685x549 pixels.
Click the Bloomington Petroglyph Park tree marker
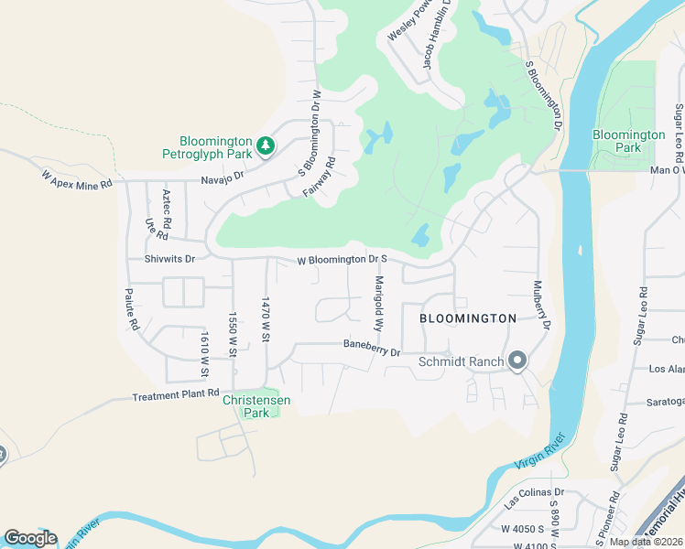(265, 145)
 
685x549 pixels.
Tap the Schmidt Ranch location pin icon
(517, 361)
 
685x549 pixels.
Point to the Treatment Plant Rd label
(176, 397)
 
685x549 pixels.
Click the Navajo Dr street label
(223, 177)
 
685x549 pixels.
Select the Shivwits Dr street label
(169, 259)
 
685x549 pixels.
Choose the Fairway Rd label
(320, 178)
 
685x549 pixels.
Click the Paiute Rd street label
(133, 310)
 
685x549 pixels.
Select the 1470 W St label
(266, 319)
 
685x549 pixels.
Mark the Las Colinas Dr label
(535, 497)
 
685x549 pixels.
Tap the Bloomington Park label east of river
(628, 141)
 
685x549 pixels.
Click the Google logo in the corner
(30, 537)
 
